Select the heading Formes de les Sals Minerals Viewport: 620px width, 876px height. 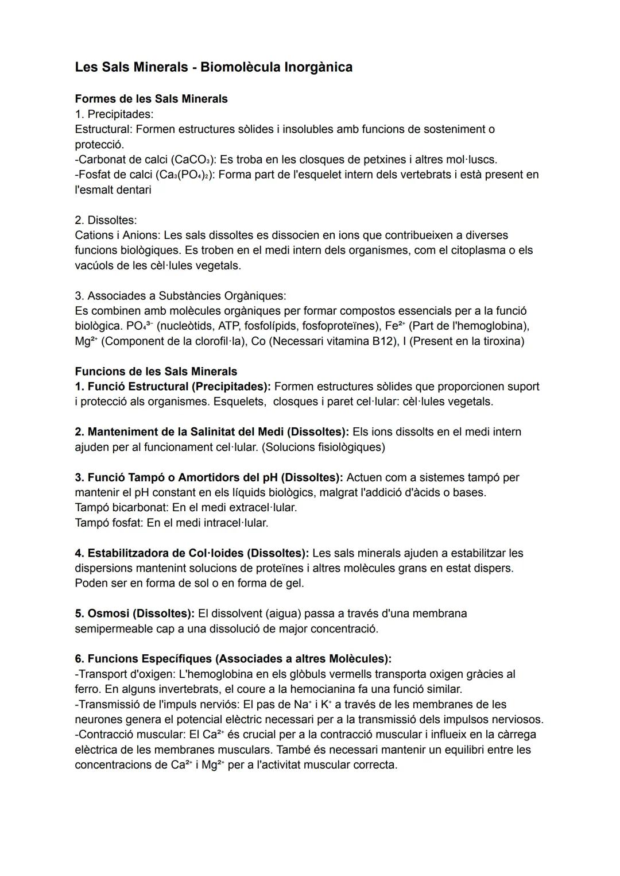tap(151, 99)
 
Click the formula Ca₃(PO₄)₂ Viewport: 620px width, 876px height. tap(184, 175)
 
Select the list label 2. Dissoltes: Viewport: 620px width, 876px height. tap(106, 220)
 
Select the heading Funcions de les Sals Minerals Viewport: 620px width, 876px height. tap(156, 371)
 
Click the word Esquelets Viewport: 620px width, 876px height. tap(239, 402)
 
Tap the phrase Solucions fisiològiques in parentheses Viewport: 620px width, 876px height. tap(323, 447)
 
